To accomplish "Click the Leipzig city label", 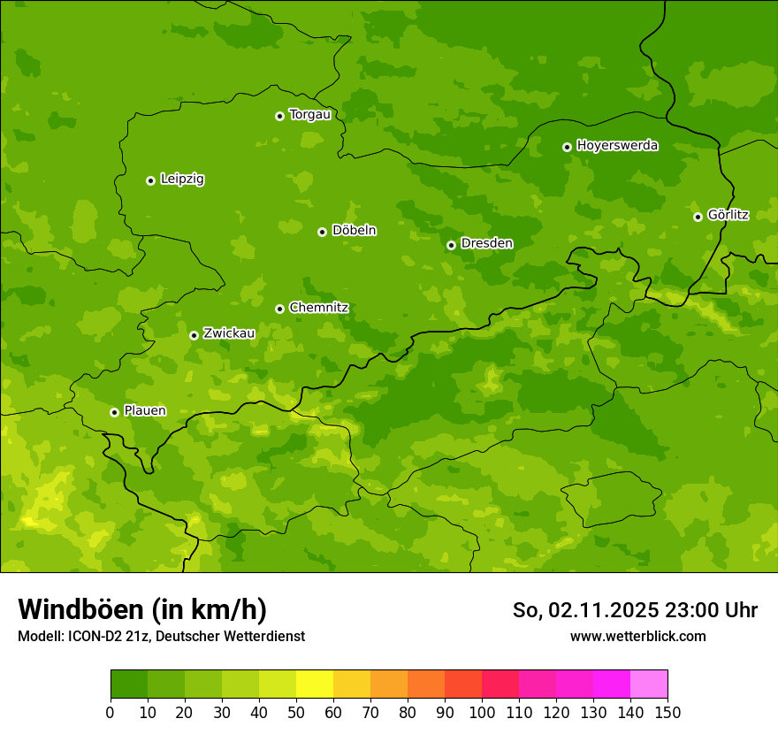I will (x=182, y=180).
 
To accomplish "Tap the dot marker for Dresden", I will (x=451, y=245).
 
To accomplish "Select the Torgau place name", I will (x=309, y=115).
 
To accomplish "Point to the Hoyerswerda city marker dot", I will (x=567, y=147).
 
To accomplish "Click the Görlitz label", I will (x=728, y=215).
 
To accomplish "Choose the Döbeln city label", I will (x=354, y=231).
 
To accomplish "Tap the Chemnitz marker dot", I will (x=279, y=309).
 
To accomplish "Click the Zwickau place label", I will (x=229, y=334).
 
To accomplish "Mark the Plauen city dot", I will (x=114, y=412).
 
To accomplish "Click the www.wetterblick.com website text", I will (x=637, y=636).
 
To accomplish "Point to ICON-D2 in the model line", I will (x=96, y=636).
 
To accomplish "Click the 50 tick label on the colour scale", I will (x=296, y=712).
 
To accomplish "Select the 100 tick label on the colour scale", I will (x=482, y=712).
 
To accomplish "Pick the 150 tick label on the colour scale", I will (x=667, y=712).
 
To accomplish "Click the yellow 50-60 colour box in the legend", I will (x=315, y=684).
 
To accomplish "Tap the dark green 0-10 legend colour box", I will (x=129, y=684).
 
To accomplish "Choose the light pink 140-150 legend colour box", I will (x=649, y=684).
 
